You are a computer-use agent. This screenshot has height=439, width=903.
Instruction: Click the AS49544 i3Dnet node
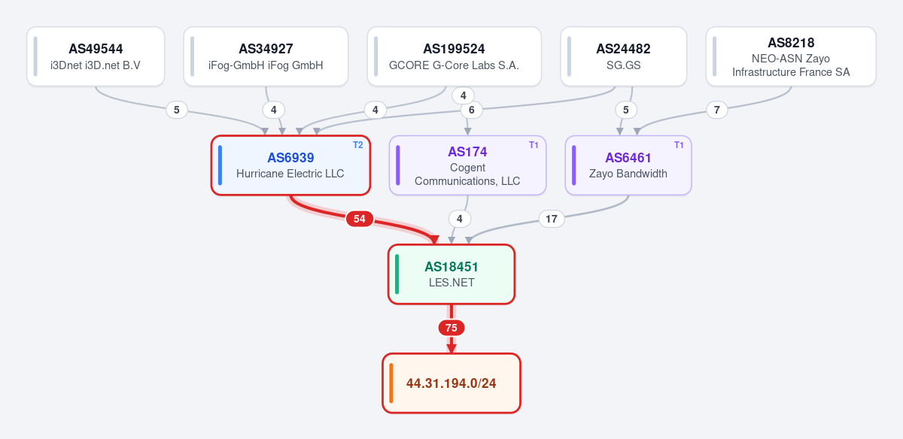(96, 56)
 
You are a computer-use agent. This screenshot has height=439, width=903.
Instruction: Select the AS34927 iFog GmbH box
(266, 56)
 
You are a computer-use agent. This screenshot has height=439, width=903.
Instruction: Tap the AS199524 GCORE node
(454, 56)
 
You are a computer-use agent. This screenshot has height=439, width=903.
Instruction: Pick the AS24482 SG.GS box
(623, 56)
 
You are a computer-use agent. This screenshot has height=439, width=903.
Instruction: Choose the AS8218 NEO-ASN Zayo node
(791, 56)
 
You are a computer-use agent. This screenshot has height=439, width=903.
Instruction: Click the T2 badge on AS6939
(358, 145)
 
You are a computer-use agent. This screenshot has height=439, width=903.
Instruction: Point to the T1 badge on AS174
(534, 145)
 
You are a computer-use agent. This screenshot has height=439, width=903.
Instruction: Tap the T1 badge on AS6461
(679, 145)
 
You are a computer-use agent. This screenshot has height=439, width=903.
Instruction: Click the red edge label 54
(360, 219)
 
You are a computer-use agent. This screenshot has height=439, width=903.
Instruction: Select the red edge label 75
(451, 328)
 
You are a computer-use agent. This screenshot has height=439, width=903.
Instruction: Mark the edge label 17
(552, 219)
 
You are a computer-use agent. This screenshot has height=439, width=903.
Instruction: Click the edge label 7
(716, 110)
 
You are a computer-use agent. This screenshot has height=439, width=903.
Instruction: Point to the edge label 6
(472, 110)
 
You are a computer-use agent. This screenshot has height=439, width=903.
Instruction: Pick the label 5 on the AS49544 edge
(177, 110)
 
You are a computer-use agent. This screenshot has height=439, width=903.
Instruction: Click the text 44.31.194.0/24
(451, 383)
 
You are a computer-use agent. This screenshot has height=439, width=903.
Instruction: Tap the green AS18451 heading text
(451, 267)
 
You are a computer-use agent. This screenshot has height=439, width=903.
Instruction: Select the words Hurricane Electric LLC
(290, 174)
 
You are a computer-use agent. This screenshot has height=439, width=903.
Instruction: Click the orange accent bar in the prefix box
(391, 383)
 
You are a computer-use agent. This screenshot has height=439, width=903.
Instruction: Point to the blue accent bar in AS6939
(220, 165)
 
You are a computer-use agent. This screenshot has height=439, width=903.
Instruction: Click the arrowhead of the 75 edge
(451, 349)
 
